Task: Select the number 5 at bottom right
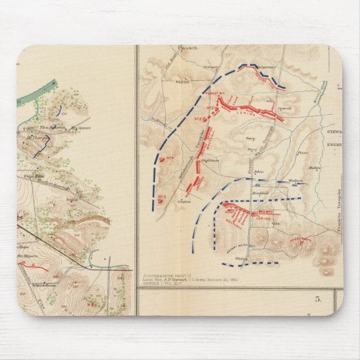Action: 317,297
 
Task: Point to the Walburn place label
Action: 295,181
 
